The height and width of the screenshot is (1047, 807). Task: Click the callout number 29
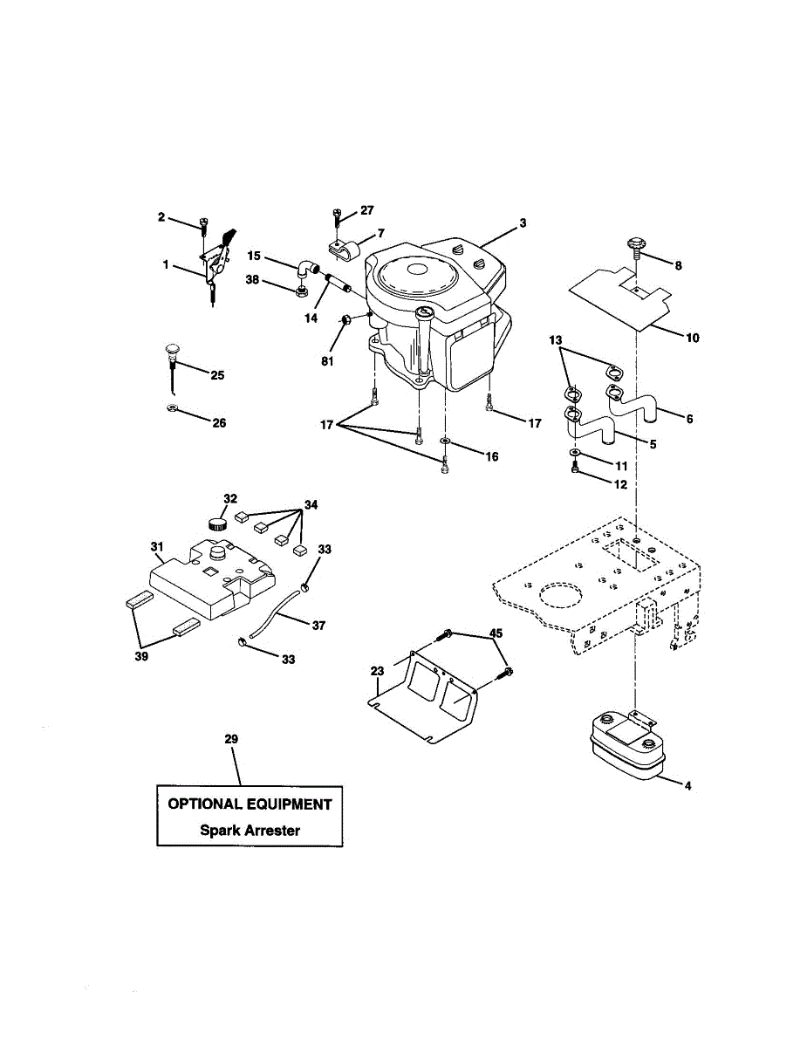point(231,739)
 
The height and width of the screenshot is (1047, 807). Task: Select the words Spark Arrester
point(250,831)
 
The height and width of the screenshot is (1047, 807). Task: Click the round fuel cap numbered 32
point(217,523)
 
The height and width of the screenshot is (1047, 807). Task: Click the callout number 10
point(692,337)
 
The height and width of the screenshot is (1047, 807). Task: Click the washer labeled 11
point(576,453)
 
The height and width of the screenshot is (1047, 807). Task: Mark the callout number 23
point(377,671)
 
